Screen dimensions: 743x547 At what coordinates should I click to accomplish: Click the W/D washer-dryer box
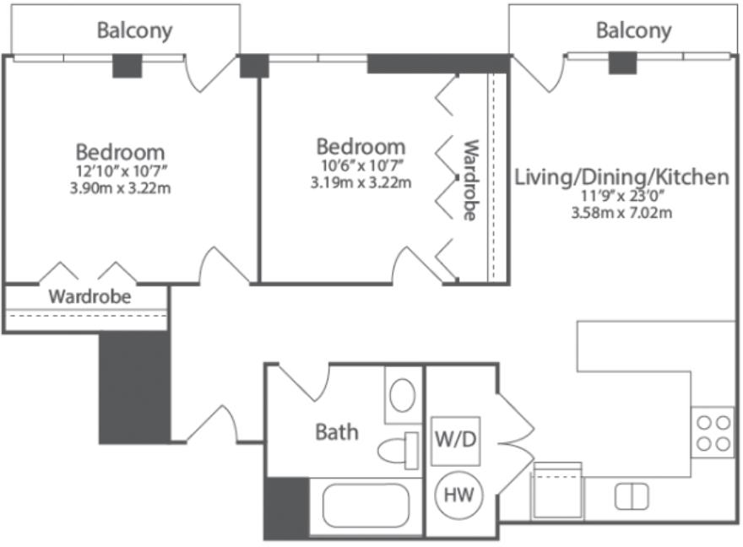tap(455, 441)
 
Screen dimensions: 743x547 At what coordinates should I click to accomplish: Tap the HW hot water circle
tap(458, 496)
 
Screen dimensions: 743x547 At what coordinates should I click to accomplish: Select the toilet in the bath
tap(399, 451)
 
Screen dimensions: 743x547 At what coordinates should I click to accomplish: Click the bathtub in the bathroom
tap(366, 506)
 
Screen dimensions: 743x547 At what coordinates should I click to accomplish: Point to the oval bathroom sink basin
tap(402, 395)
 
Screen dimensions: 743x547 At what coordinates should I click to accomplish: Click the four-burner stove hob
tap(713, 432)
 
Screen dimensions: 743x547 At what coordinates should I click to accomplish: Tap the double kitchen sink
tap(632, 497)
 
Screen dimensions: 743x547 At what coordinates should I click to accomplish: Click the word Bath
tap(337, 432)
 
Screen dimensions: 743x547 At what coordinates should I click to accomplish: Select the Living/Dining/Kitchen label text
tap(621, 177)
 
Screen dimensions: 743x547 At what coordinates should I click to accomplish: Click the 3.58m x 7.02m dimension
tap(621, 213)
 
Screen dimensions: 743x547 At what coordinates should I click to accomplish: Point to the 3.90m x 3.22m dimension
tap(121, 188)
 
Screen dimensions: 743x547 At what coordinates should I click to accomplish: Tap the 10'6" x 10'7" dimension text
tap(361, 165)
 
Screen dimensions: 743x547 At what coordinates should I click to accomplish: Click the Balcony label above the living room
tap(633, 30)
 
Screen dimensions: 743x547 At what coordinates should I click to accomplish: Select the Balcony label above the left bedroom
tap(134, 30)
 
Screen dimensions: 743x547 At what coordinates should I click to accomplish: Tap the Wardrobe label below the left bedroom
tap(89, 297)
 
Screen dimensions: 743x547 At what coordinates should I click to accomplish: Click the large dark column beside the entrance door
tap(134, 387)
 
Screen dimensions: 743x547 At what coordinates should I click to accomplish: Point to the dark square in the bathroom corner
tap(287, 507)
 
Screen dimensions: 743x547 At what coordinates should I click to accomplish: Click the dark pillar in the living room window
tap(622, 62)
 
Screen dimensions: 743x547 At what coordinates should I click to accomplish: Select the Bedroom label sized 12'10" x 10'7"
tap(121, 152)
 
